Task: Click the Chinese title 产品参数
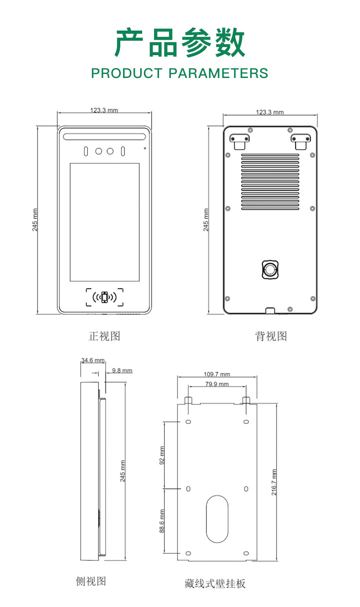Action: pos(180,43)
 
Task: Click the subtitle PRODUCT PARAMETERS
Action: pos(180,73)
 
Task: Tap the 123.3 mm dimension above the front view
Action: pos(104,110)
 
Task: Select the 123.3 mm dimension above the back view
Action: pos(269,112)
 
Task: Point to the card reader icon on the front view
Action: pos(105,297)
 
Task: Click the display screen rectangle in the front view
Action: pos(104,222)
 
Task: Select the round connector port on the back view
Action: pos(270,269)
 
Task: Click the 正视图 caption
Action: pos(104,337)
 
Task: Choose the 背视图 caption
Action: pos(271,337)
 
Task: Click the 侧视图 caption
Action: pos(91,581)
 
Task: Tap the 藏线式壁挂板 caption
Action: pos(215,583)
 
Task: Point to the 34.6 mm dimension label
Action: pos(93,360)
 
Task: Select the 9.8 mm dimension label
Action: pos(122,370)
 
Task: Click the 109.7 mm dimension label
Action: pos(217,374)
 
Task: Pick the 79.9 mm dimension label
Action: pos(217,384)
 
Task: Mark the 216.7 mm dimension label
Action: pos(274,482)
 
